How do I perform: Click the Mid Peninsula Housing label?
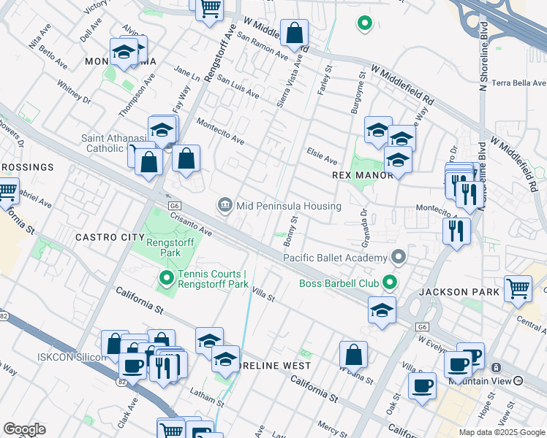pos(288,206)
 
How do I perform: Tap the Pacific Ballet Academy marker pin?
pos(399,257)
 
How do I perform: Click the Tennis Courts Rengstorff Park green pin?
pos(167,277)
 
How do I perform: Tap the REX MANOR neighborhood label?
pos(362,176)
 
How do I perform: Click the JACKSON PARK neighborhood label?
pos(459,292)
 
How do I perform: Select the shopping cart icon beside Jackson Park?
pos(518,288)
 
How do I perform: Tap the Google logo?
pos(25,429)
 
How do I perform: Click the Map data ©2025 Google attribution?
pos(501,432)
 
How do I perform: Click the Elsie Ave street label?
pos(322,158)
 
